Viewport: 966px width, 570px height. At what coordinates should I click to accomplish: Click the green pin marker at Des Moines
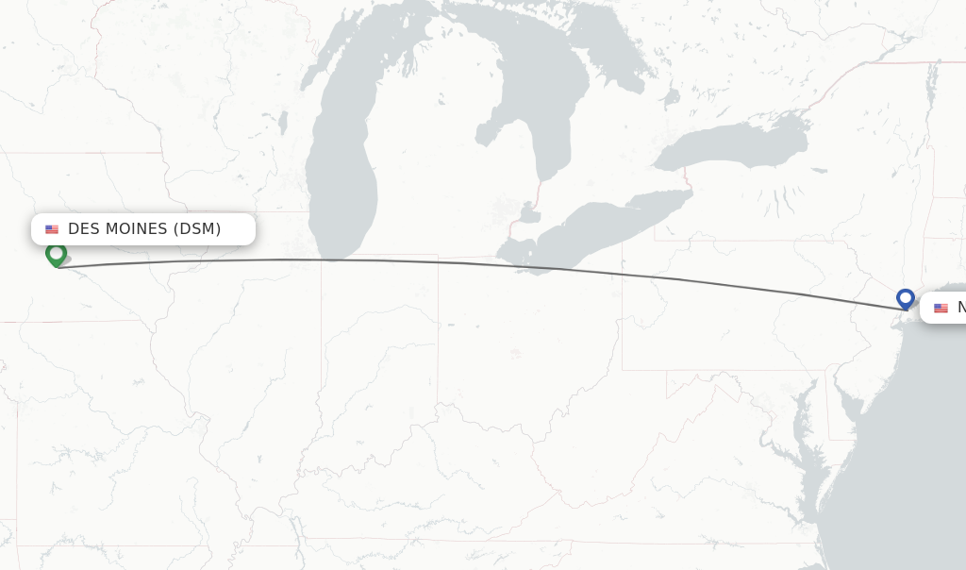point(57,254)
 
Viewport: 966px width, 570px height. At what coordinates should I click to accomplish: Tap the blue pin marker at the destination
point(905,299)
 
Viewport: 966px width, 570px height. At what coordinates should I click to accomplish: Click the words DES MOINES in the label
point(119,229)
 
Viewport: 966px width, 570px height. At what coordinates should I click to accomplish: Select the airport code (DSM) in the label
point(196,229)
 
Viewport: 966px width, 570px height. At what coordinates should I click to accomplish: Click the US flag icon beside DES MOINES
point(52,229)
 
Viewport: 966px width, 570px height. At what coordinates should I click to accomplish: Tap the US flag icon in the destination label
point(941,308)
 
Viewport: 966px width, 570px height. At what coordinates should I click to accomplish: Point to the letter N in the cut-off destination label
point(961,308)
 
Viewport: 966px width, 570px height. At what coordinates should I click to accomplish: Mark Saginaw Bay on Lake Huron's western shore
point(491,132)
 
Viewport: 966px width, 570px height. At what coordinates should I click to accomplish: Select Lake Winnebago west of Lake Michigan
point(282,123)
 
